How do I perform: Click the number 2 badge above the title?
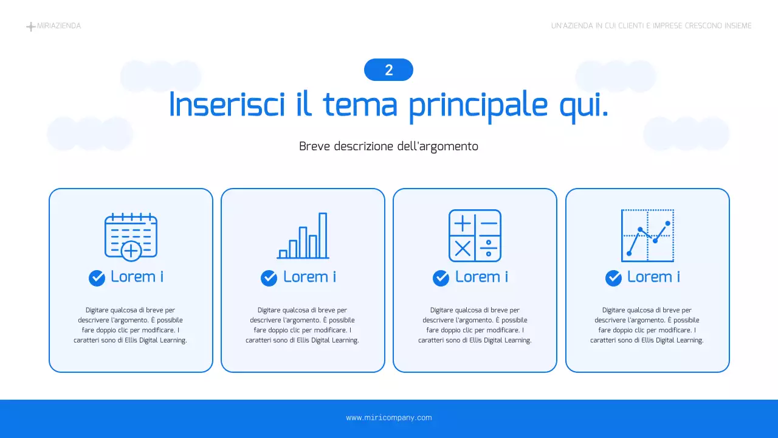[388, 70]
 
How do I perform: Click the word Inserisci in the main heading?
[227, 105]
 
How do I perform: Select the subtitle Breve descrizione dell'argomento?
[388, 147]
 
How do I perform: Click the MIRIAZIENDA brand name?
[59, 26]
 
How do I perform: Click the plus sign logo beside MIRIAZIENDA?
[30, 27]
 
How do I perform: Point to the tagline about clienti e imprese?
[651, 26]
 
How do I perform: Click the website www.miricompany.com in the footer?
[389, 418]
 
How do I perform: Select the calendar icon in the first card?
[131, 236]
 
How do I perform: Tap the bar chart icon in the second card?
[303, 236]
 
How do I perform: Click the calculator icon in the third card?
[475, 235]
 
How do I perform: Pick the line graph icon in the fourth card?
[647, 235]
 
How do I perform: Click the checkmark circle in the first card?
[97, 278]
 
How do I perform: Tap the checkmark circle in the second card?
[269, 278]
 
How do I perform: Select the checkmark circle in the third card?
[441, 278]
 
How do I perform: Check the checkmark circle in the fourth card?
[613, 278]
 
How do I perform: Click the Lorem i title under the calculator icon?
[481, 277]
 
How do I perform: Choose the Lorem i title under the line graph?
[653, 277]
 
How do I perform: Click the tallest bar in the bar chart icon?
[323, 235]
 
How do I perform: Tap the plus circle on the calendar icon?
[131, 250]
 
